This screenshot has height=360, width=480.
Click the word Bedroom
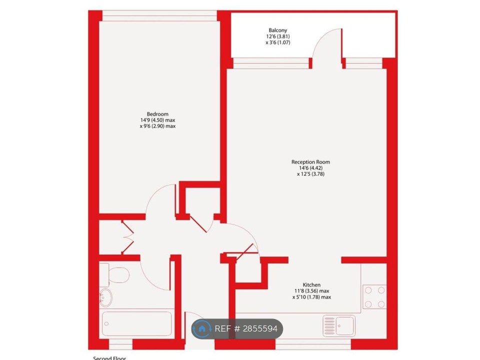(157, 114)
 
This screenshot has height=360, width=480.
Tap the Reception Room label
(310, 162)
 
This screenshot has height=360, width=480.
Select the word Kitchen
(311, 285)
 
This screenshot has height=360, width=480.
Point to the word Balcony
(277, 30)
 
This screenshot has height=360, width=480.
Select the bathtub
(136, 324)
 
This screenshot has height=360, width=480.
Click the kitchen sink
(338, 325)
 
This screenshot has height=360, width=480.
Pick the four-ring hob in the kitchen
(374, 296)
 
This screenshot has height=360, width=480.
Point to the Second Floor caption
(109, 357)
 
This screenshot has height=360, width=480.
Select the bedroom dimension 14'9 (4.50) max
(157, 120)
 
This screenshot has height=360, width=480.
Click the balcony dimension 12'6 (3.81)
(277, 36)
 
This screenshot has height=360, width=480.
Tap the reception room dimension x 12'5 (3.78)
(310, 174)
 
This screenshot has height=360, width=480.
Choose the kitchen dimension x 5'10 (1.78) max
(311, 297)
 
